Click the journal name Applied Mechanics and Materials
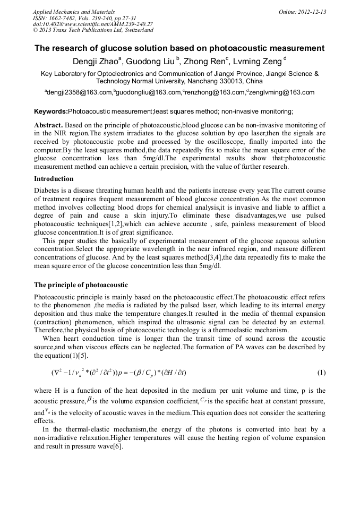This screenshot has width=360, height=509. (x=67, y=12)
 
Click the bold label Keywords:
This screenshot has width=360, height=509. (x=51, y=111)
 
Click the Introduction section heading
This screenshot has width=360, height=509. (x=54, y=179)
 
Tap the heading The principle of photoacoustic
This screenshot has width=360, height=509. (x=81, y=285)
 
